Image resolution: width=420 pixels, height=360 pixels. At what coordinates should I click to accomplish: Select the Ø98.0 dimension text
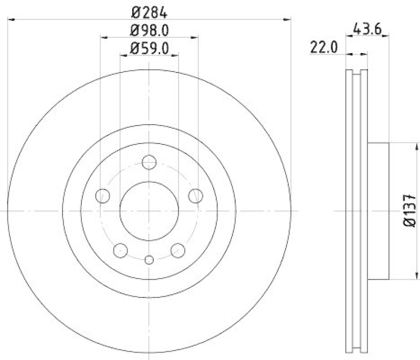click(x=149, y=30)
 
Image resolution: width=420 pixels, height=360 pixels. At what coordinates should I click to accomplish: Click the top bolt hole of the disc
click(x=149, y=162)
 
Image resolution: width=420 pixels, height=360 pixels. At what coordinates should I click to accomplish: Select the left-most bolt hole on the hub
click(x=103, y=196)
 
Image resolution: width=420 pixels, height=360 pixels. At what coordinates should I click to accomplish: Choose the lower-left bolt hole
click(x=121, y=250)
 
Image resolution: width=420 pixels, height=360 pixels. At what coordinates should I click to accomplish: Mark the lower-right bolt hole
click(x=178, y=250)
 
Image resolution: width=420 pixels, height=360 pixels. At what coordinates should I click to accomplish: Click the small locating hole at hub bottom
click(x=149, y=259)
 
